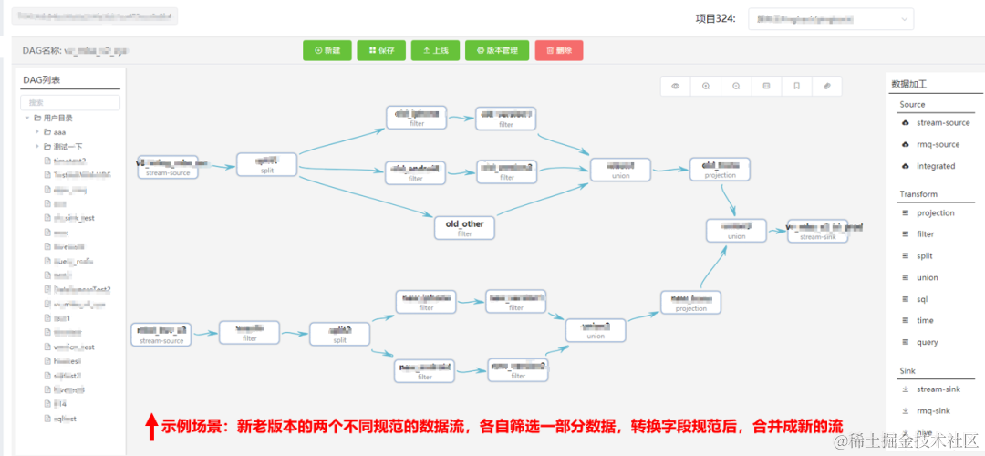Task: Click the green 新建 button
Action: pyautogui.click(x=327, y=51)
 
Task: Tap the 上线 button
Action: pyautogui.click(x=435, y=51)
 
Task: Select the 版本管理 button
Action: pyautogui.click(x=495, y=51)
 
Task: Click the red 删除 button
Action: pyautogui.click(x=558, y=51)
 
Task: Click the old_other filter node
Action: pyautogui.click(x=465, y=228)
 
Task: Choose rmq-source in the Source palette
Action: pyautogui.click(x=938, y=144)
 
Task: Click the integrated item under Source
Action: pyautogui.click(x=936, y=166)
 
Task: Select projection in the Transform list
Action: pyautogui.click(x=936, y=213)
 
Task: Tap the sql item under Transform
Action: pyautogui.click(x=923, y=299)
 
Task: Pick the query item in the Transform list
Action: pyautogui.click(x=927, y=342)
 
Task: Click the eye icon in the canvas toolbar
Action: pyautogui.click(x=676, y=86)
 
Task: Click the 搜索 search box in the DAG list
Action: pyautogui.click(x=71, y=103)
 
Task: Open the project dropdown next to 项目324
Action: pyautogui.click(x=831, y=19)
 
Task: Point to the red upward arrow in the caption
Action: pyautogui.click(x=151, y=426)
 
